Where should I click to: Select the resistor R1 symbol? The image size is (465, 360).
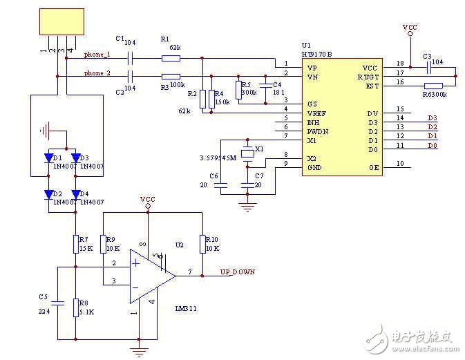[170, 58]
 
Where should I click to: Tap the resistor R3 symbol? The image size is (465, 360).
[170, 76]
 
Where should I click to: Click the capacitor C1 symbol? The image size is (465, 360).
[129, 58]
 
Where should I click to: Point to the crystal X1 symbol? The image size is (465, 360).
[246, 153]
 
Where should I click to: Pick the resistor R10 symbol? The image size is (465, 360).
[202, 244]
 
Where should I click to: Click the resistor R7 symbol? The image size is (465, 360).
[75, 244]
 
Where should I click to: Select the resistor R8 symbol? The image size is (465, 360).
[75, 307]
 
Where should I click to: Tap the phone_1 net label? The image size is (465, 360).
[97, 55]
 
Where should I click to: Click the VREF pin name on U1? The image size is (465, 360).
[316, 112]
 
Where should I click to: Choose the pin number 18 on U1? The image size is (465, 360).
[400, 64]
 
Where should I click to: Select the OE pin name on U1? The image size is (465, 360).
[373, 167]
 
